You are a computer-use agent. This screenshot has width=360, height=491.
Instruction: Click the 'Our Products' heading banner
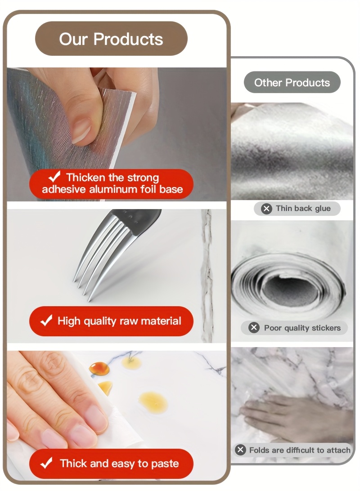[x=111, y=39]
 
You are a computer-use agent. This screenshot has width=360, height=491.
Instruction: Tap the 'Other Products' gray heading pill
[x=292, y=82]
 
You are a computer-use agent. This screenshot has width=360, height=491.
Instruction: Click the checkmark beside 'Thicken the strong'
[x=54, y=177]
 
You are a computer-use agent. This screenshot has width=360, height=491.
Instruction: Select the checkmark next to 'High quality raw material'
[x=46, y=321]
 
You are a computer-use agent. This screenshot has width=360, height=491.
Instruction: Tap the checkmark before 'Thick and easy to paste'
[x=46, y=463]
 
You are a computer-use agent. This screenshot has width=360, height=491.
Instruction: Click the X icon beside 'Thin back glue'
[x=267, y=209]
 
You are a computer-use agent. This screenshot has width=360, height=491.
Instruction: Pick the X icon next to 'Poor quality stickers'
[x=254, y=328]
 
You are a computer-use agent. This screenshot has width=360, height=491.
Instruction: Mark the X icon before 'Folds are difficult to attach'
[x=240, y=450]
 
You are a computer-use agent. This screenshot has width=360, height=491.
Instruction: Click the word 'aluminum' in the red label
[x=113, y=189]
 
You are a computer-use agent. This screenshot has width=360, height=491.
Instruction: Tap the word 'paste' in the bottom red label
[x=165, y=464]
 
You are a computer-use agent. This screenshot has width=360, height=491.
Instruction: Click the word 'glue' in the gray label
[x=323, y=209]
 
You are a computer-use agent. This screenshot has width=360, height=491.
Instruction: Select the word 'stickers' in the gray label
[x=326, y=328]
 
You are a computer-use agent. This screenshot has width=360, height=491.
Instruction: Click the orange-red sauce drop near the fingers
[x=99, y=369]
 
